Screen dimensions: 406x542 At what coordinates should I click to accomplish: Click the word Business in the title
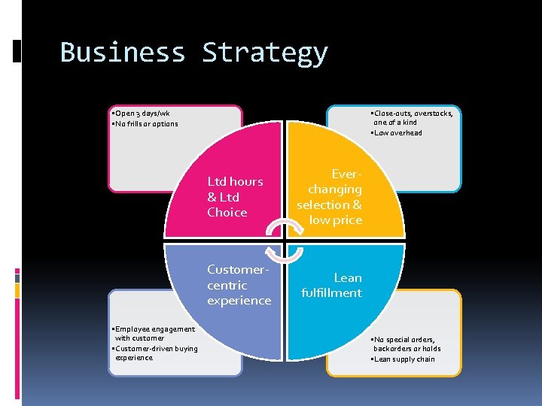click(x=122, y=53)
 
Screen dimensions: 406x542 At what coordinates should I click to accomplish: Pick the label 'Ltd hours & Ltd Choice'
click(x=235, y=197)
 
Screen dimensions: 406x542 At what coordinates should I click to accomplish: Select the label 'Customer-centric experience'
click(x=239, y=285)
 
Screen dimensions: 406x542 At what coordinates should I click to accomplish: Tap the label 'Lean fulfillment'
click(x=331, y=285)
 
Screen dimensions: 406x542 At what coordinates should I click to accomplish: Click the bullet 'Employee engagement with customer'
click(x=153, y=333)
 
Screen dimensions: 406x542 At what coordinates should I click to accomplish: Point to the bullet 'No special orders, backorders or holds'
click(x=406, y=344)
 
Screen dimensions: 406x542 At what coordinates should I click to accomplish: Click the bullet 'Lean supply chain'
click(x=403, y=359)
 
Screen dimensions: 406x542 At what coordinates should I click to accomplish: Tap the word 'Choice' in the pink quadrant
click(x=227, y=213)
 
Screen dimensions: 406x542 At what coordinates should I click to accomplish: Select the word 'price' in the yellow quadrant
click(x=346, y=220)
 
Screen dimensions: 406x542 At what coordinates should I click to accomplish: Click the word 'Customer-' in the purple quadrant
click(x=238, y=269)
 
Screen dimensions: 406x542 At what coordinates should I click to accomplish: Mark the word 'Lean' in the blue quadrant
click(x=348, y=277)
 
